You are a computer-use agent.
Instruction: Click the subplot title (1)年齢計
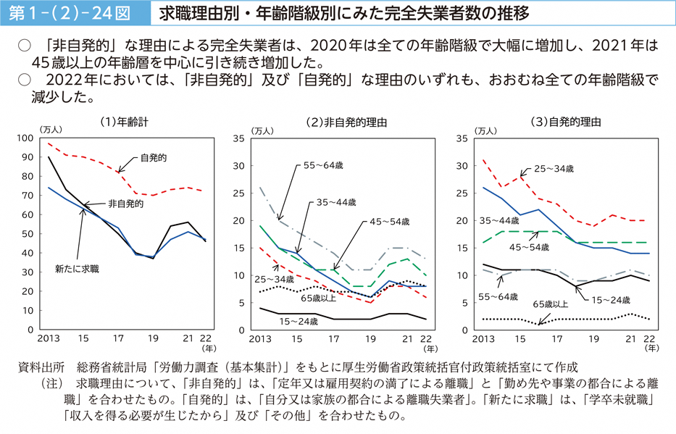pos(125,122)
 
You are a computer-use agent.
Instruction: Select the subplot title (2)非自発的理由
pos(346,122)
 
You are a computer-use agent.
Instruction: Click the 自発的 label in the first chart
pos(154,157)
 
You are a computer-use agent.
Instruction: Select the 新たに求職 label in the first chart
pos(77,269)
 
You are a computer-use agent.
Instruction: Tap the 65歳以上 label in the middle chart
pos(319,297)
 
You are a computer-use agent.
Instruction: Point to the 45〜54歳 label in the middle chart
pos(390,221)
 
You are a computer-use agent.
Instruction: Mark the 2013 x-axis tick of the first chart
pos(49,338)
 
